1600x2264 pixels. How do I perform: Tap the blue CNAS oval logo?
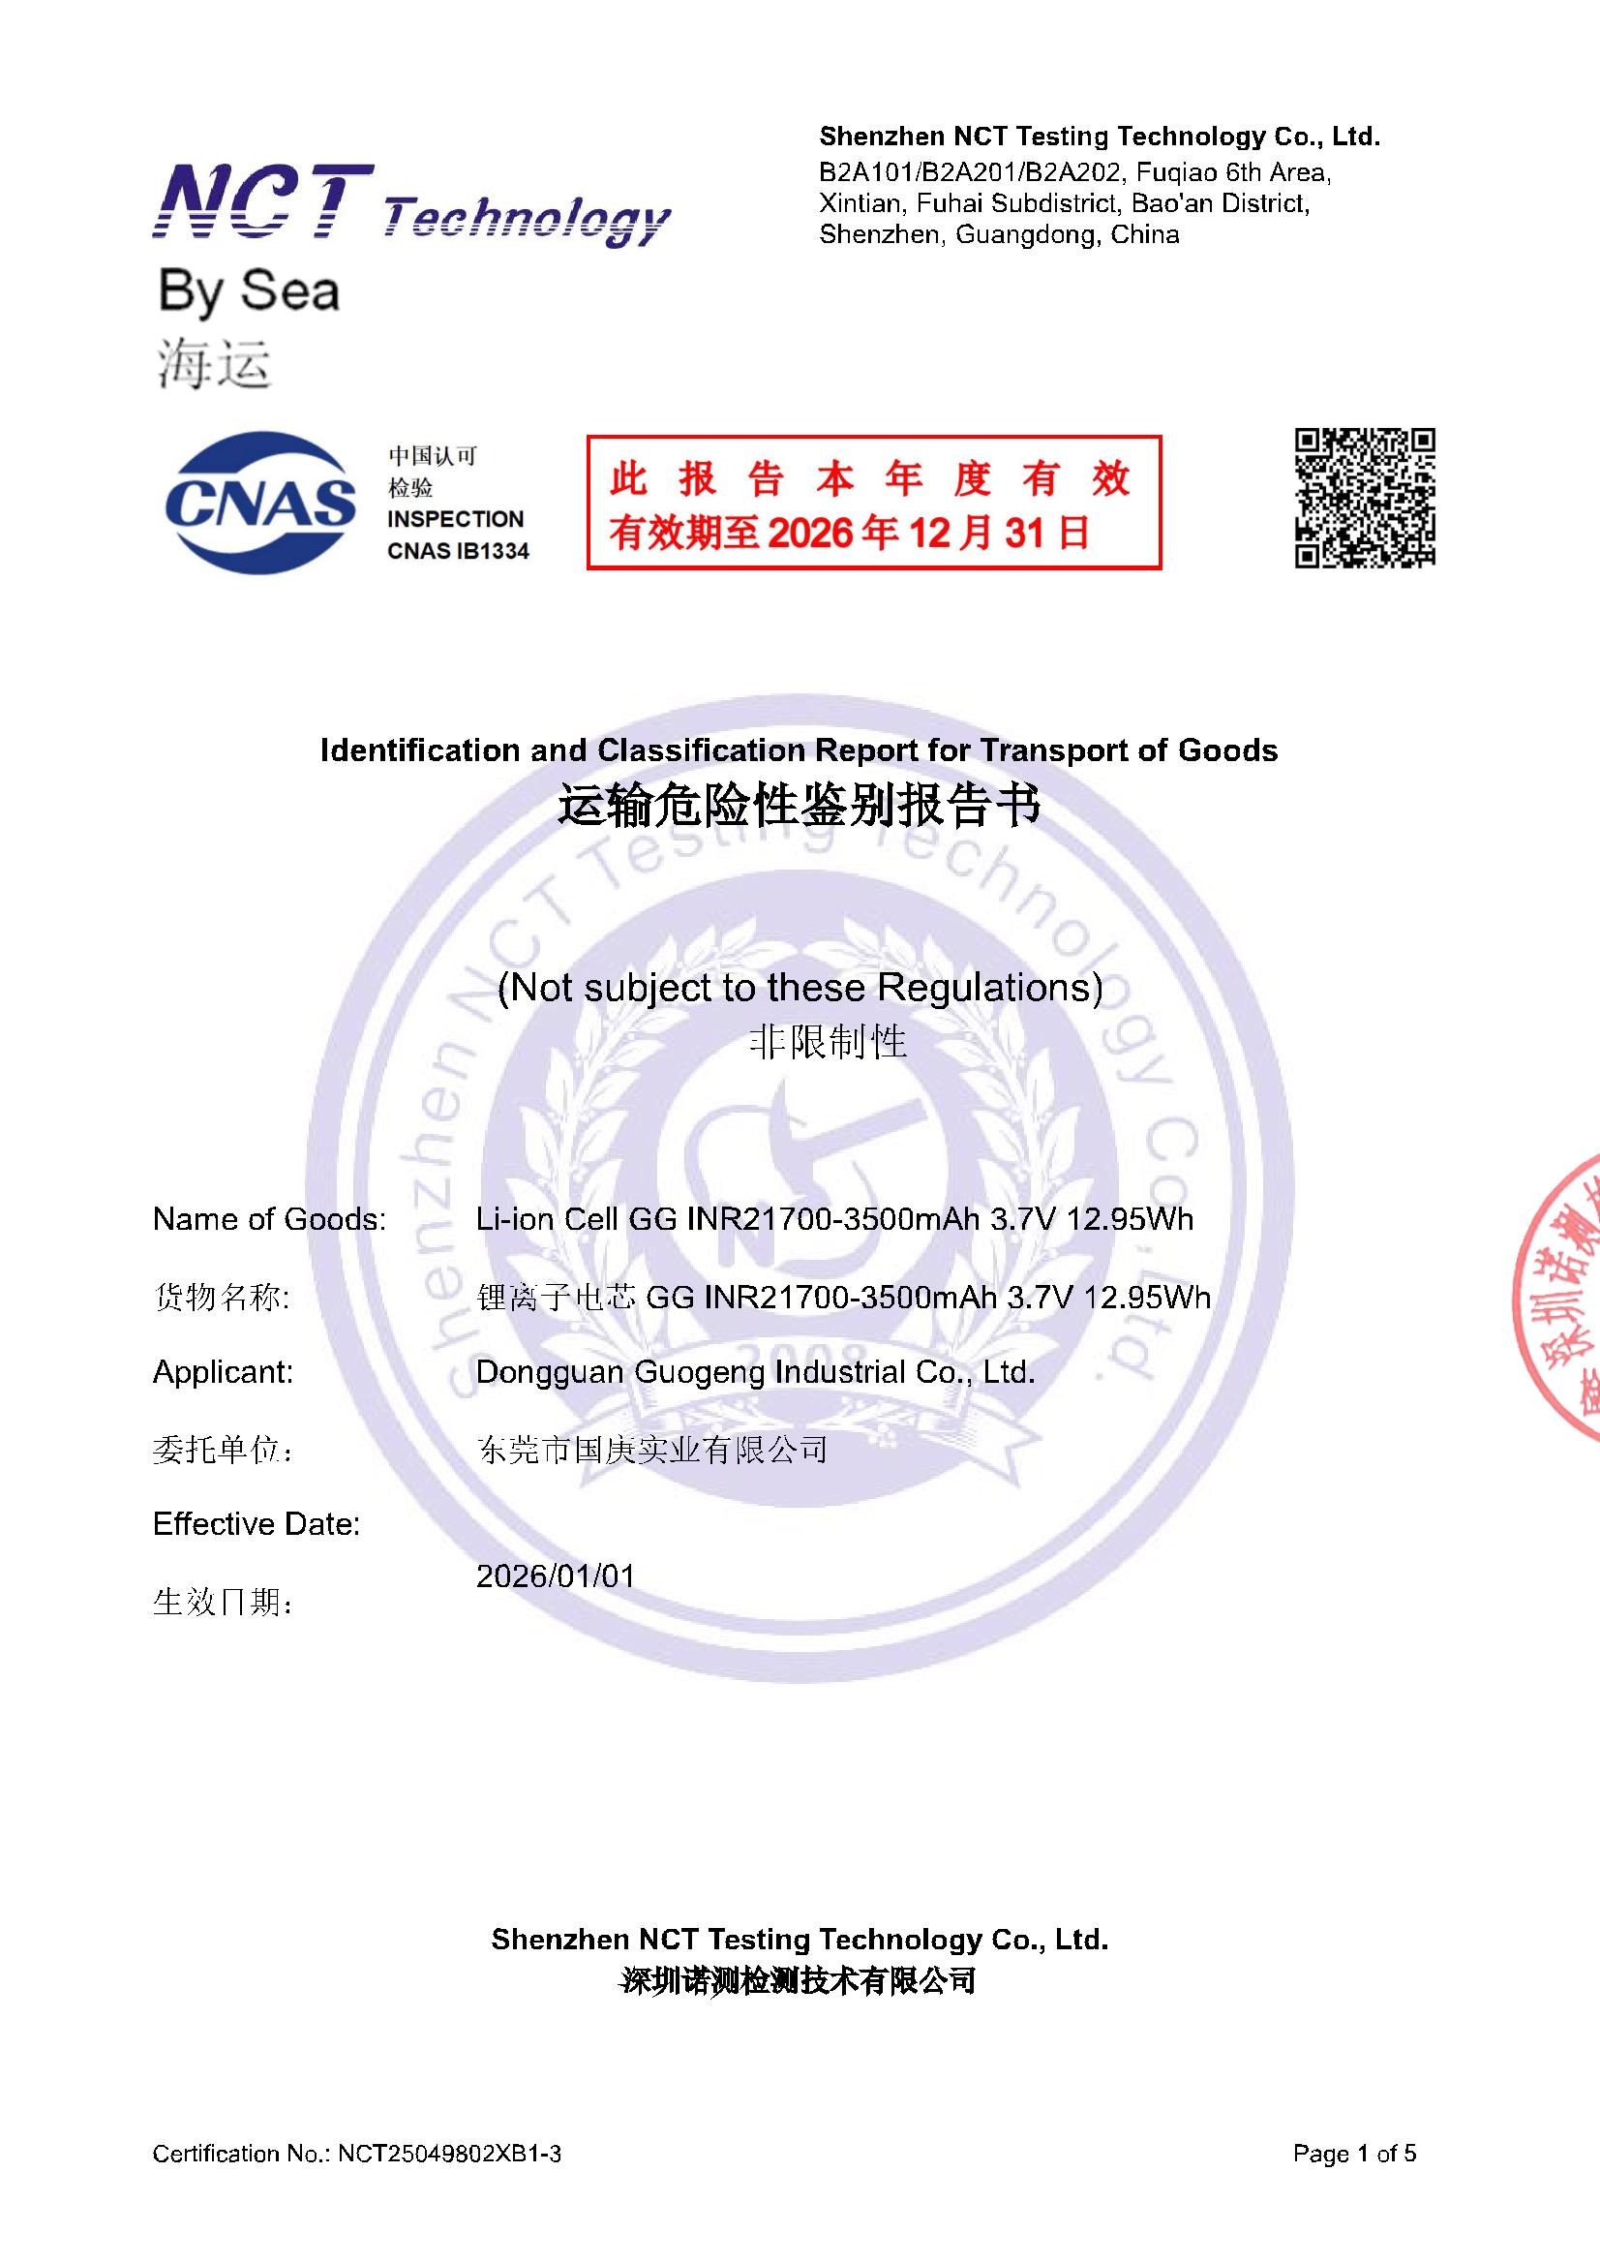pos(260,502)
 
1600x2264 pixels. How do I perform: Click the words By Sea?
pos(249,292)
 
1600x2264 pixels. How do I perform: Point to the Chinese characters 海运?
pos(214,366)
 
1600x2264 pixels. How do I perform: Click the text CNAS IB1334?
pos(458,551)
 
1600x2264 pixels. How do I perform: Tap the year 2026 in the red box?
pos(808,534)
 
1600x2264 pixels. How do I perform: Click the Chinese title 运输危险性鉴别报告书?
pos(799,806)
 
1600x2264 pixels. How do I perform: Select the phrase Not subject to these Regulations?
pos(800,987)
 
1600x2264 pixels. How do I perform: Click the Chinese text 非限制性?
pos(828,1041)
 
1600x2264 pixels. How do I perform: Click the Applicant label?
pos(223,1371)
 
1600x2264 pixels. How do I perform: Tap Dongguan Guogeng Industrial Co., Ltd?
pos(755,1371)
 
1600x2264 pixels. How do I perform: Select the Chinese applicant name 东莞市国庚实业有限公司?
pos(651,1450)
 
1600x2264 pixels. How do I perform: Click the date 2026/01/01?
pos(555,1576)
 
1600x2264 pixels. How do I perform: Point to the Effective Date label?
pos(257,1524)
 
